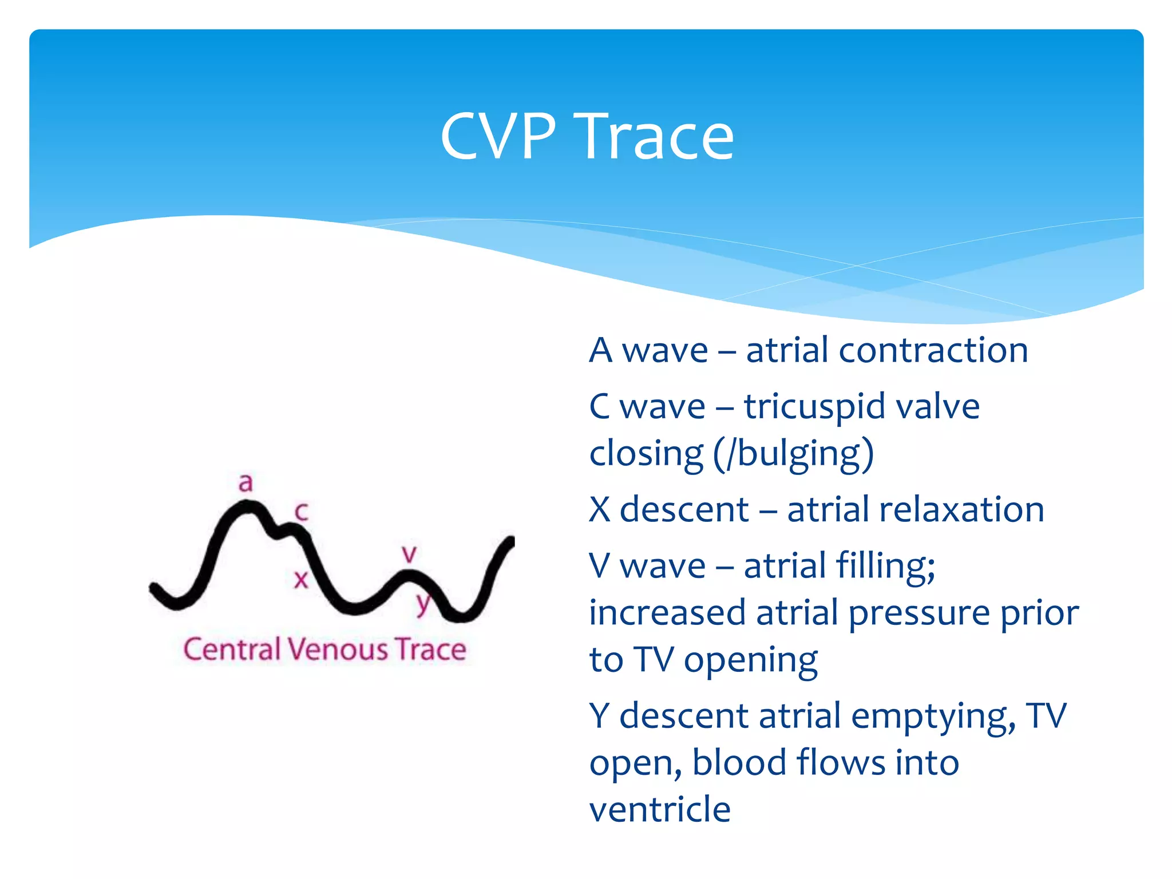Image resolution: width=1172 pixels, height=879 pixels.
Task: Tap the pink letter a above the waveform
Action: (246, 482)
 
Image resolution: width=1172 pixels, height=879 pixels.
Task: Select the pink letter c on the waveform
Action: (302, 511)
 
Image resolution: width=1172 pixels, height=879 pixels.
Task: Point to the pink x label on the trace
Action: (301, 580)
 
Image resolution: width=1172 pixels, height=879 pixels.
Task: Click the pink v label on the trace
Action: (409, 554)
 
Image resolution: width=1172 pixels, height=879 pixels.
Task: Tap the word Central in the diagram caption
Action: (231, 650)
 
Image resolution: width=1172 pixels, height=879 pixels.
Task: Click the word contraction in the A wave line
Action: (933, 350)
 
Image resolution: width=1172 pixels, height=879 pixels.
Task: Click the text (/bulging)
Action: (793, 454)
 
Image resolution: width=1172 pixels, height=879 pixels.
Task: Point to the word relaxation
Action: (916, 509)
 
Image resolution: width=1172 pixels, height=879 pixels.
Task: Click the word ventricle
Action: (660, 809)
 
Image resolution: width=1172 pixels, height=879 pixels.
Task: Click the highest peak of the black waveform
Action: (246, 506)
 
